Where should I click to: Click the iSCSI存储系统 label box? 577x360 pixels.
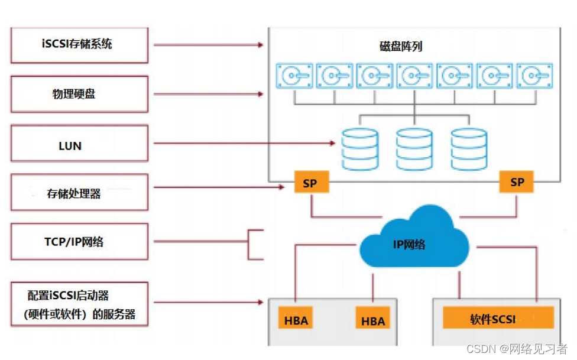(79, 45)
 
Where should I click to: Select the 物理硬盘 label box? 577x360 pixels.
(79, 94)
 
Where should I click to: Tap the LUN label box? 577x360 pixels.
(79, 144)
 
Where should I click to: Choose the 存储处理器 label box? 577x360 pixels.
(79, 193)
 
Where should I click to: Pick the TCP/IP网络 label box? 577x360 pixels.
(79, 242)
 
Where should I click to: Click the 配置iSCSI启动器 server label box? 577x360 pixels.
(79, 304)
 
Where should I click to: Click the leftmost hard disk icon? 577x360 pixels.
(294, 76)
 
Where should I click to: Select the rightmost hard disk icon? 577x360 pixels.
(534, 76)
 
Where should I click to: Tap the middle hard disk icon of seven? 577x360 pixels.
(414, 76)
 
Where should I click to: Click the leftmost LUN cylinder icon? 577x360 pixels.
(359, 148)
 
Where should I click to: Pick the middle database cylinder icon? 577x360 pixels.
(414, 148)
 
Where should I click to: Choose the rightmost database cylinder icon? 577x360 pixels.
(468, 148)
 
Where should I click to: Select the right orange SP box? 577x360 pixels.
(516, 182)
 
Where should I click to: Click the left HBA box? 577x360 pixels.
(296, 320)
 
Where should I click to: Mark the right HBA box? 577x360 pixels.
(372, 320)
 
